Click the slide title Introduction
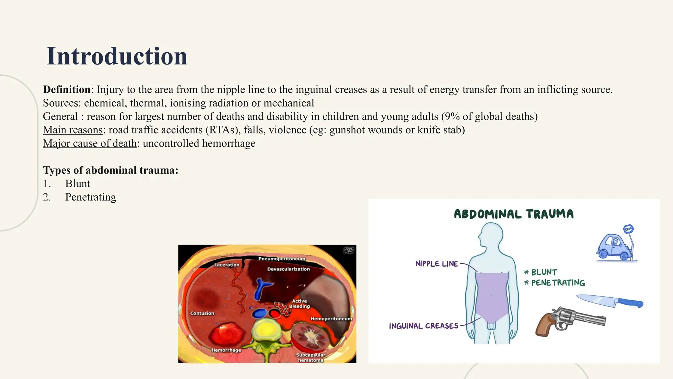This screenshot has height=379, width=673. (x=117, y=56)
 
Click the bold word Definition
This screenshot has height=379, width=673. (x=67, y=89)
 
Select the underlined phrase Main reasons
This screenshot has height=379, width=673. (x=73, y=130)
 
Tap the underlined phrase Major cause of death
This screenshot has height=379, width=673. (x=90, y=143)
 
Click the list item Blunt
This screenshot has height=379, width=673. (x=78, y=184)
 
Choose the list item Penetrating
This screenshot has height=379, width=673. (x=90, y=197)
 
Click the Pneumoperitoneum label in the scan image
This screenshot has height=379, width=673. (x=282, y=259)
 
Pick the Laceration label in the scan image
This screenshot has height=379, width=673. (x=227, y=265)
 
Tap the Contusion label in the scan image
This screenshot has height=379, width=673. (x=202, y=313)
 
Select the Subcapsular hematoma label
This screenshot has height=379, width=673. (x=311, y=358)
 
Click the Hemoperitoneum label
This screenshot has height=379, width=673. (x=331, y=319)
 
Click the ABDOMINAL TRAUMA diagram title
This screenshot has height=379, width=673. (x=514, y=214)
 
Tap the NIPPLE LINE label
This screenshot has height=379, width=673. (x=436, y=264)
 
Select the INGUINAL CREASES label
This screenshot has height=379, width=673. (x=423, y=326)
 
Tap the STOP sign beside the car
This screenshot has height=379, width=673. (x=628, y=229)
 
